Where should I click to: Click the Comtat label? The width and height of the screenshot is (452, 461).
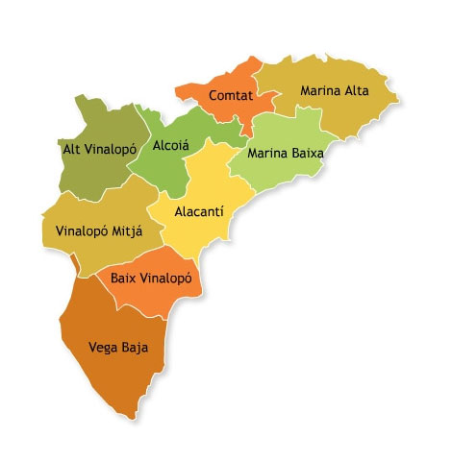tap(230, 96)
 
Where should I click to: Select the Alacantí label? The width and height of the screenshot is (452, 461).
tap(199, 212)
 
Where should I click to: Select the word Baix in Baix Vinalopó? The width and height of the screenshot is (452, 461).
tap(125, 279)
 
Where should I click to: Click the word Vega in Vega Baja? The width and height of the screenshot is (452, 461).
tap(104, 347)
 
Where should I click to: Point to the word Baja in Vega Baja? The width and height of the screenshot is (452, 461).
tap(136, 347)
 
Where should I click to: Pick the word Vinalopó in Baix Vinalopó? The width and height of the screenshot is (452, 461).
tap(168, 279)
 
